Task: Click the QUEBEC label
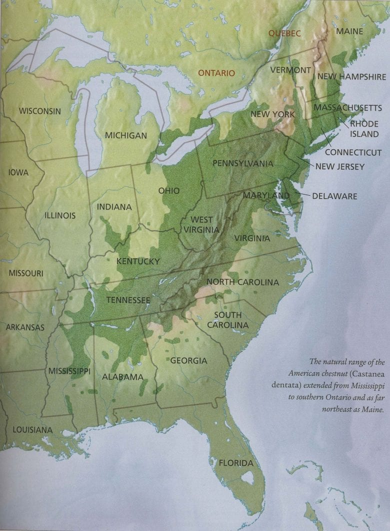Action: (x=284, y=33)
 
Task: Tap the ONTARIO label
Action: (x=216, y=73)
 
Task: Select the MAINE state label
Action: (x=350, y=31)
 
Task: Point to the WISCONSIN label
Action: (x=40, y=111)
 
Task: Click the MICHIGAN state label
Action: (x=125, y=135)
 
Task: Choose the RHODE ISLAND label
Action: (x=364, y=128)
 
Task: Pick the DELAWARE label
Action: (x=334, y=196)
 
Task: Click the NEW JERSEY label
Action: (x=340, y=167)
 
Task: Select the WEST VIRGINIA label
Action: (x=201, y=225)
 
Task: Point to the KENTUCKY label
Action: (x=138, y=262)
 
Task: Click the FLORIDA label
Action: (x=236, y=463)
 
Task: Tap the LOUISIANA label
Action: (x=32, y=429)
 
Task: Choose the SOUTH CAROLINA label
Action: (x=231, y=320)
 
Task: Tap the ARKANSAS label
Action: (x=25, y=327)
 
